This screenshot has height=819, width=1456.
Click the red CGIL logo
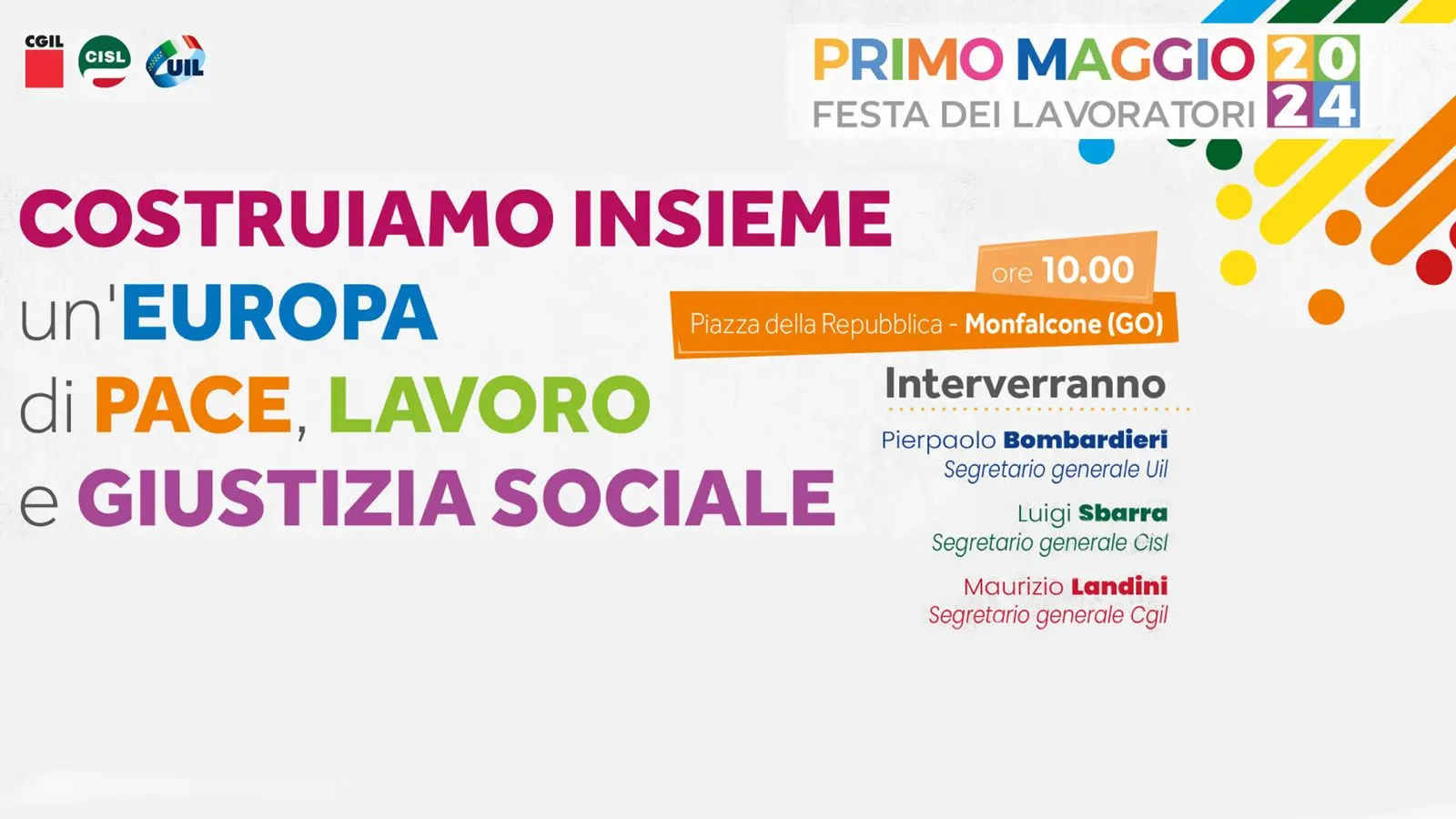pos(45,61)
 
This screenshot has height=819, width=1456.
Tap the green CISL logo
pos(105,61)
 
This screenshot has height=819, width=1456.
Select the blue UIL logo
pos(176,62)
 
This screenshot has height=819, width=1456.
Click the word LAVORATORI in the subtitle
pos(1133,115)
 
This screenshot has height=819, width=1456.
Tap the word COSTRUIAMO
pos(287,218)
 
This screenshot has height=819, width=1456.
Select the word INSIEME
pos(733,218)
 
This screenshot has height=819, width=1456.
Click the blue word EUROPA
pos(278,312)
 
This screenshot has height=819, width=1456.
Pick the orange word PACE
pos(193,404)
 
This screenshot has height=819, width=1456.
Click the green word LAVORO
pos(490,404)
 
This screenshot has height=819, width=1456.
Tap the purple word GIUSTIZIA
pos(277,498)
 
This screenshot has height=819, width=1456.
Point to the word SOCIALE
pos(663,498)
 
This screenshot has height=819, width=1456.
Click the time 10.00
pos(1088,269)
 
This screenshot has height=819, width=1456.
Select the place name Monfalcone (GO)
pos(1064,324)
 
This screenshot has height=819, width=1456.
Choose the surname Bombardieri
pos(1086,440)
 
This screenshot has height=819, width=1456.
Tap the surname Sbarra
pos(1123,513)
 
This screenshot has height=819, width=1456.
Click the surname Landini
pos(1119,587)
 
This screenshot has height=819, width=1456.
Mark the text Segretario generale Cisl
pos(1050,542)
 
